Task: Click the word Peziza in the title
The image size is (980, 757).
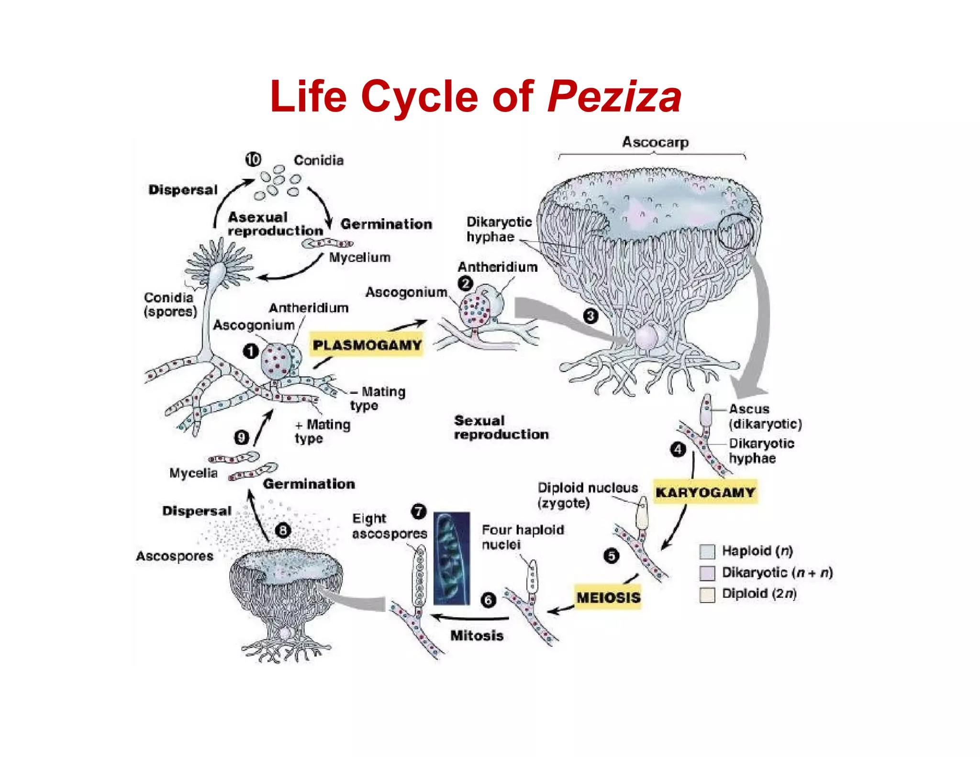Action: coord(614,97)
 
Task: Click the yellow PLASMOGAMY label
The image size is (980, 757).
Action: coord(367,345)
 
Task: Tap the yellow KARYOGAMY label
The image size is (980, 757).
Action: coord(705,492)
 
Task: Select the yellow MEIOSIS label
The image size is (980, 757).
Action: coord(608,597)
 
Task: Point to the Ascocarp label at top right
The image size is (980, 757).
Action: coord(655,142)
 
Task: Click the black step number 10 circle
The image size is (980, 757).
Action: coord(253,159)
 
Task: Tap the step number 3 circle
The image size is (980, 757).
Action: coord(590,316)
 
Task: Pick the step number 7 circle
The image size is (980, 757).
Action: coord(418,511)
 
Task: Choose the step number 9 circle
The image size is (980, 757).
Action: coord(242,437)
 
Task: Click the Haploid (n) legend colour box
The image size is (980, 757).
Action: coord(707,552)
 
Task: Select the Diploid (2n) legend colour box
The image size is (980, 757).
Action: coord(707,594)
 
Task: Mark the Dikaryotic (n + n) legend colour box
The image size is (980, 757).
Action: coord(707,573)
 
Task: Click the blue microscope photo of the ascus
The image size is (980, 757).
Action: coord(451,558)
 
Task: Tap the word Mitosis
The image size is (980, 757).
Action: coord(477,635)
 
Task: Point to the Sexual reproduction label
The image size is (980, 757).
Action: coord(501,427)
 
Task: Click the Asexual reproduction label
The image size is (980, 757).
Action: coord(275,224)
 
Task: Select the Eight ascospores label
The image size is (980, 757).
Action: coord(389,526)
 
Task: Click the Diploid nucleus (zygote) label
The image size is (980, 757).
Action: coord(587,495)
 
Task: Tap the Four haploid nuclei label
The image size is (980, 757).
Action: coord(523,537)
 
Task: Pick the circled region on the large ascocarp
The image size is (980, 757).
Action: coord(735,231)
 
